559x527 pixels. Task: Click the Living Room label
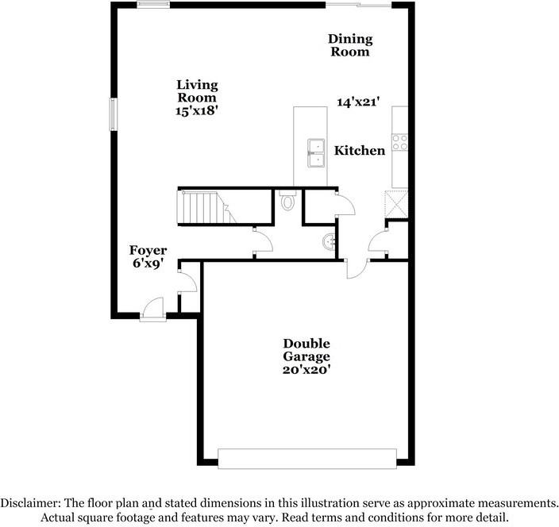(197, 91)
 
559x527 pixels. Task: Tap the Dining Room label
(350, 45)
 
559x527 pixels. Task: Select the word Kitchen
(360, 151)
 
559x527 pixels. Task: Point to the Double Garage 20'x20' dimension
(306, 370)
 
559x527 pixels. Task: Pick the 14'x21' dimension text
(357, 102)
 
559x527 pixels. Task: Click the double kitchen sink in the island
(316, 153)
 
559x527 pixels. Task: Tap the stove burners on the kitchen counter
(399, 142)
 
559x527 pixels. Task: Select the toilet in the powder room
(287, 201)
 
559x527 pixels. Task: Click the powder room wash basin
(329, 242)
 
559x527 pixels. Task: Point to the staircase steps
(206, 207)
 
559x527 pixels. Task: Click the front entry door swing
(153, 309)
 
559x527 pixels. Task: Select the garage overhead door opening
(307, 459)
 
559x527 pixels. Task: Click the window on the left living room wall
(113, 114)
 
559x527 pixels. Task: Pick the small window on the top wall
(154, 4)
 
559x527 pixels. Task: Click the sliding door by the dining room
(359, 5)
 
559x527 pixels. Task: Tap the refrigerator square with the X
(396, 204)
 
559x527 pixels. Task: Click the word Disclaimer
(30, 502)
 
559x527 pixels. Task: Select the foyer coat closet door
(187, 282)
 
